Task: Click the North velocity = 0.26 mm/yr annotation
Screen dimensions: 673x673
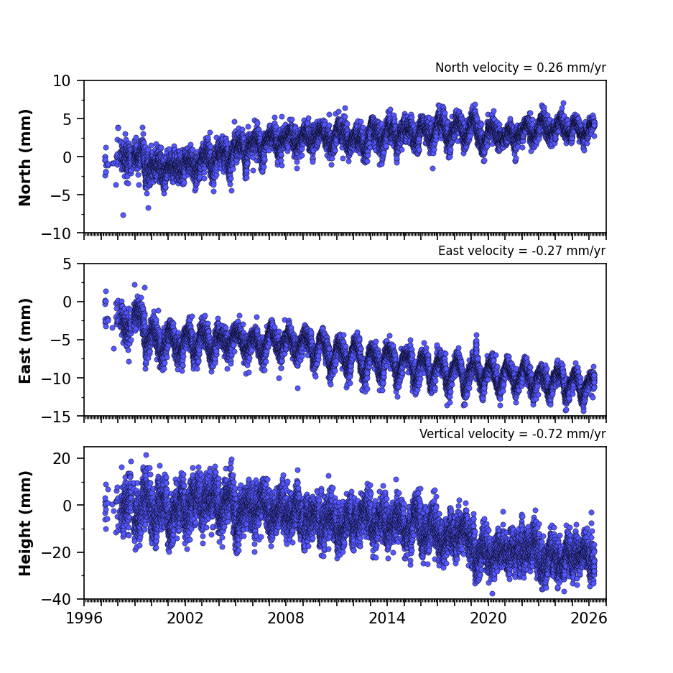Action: point(521,68)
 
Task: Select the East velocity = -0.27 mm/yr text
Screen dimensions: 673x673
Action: point(522,251)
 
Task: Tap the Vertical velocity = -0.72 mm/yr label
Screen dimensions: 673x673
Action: point(513,434)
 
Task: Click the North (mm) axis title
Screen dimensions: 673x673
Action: point(25,157)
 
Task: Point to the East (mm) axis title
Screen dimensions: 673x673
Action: point(25,340)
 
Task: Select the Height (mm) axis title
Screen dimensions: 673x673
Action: point(25,523)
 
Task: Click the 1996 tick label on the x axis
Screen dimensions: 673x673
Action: point(84,618)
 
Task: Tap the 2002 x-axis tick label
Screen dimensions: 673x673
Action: point(185,618)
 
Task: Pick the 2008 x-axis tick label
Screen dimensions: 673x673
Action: point(286,618)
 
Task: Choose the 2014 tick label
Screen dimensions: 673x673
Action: point(387,618)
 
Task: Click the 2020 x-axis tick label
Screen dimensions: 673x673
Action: point(488,618)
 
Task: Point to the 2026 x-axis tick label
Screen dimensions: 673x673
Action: point(589,618)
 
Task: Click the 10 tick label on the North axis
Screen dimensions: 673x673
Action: point(61,80)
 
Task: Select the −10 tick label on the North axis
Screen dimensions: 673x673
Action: point(56,233)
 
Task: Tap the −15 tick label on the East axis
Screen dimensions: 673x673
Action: point(56,417)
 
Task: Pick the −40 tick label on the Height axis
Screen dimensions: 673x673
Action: point(56,599)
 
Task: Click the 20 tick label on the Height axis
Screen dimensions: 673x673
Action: point(61,458)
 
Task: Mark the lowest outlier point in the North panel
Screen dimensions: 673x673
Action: point(124,215)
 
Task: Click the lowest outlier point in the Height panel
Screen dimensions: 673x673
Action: point(492,593)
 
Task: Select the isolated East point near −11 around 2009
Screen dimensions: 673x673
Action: point(297,388)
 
